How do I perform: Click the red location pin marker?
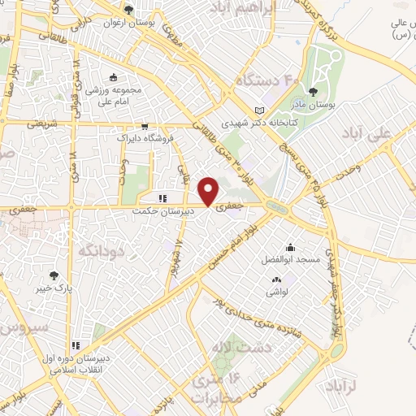click(210, 190)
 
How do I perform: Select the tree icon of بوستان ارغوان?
click(128, 10)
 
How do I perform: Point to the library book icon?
click(259, 110)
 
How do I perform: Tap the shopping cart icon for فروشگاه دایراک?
click(144, 126)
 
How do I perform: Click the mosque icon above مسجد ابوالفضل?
click(290, 247)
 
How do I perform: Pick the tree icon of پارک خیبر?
click(54, 276)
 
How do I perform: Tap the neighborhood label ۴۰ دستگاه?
click(267, 80)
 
